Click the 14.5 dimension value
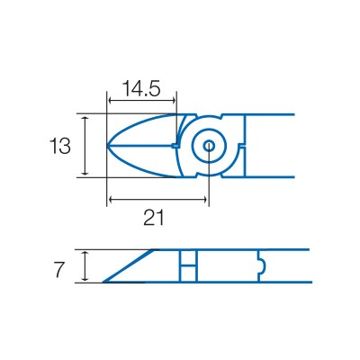pos(141,88)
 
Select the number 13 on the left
pos(60,146)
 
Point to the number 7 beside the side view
pos(60,267)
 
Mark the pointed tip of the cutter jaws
pos(109,145)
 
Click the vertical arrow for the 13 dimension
pos(85,146)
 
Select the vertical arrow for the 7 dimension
pos(85,266)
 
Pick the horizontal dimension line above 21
pos(157,199)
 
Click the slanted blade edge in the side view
pos(130,265)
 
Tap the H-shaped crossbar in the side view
pos(187,266)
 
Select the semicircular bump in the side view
pos(260,266)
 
